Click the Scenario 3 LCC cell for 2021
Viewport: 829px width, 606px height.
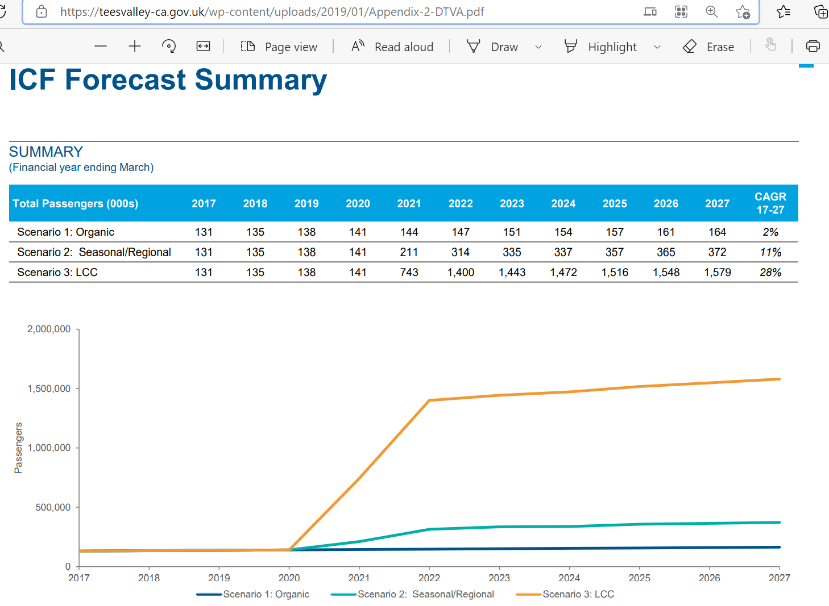click(x=409, y=273)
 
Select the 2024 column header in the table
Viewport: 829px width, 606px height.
click(x=563, y=204)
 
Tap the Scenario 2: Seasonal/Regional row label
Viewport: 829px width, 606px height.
click(x=94, y=252)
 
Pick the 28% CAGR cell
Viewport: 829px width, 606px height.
click(x=770, y=273)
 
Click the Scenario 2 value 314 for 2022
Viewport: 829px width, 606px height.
click(x=461, y=252)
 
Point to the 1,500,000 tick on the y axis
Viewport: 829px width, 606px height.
click(x=49, y=389)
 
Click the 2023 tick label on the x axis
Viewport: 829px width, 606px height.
click(x=499, y=578)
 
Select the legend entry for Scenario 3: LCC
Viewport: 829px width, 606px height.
click(x=578, y=594)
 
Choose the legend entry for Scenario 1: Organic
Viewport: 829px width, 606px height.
click(x=266, y=594)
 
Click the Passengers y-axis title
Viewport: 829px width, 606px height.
click(x=19, y=448)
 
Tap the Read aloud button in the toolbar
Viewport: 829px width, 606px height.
click(x=392, y=47)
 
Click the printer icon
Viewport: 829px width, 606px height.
click(x=813, y=47)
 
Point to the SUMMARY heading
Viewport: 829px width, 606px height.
click(x=46, y=152)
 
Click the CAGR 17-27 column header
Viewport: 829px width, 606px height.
click(x=770, y=203)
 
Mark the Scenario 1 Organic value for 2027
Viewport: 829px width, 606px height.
click(x=717, y=232)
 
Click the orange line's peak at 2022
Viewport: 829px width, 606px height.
click(x=429, y=400)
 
